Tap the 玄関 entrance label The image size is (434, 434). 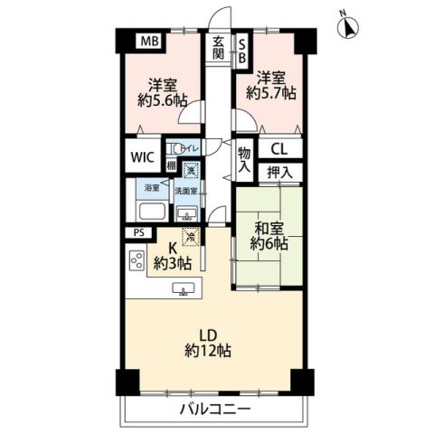pos(220,46)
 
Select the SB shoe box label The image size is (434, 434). pos(241,47)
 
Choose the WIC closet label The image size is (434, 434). pos(142,156)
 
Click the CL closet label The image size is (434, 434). pos(278,149)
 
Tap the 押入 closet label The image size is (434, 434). pos(278,170)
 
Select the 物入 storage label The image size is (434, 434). pos(244,160)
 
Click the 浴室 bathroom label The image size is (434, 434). pos(152,189)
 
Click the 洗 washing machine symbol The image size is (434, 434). pos(191,168)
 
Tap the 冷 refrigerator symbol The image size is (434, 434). pos(189,237)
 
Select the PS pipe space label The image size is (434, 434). pos(137,232)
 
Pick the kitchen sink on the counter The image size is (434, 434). pos(184,289)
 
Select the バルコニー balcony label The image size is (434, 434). pos(212,410)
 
